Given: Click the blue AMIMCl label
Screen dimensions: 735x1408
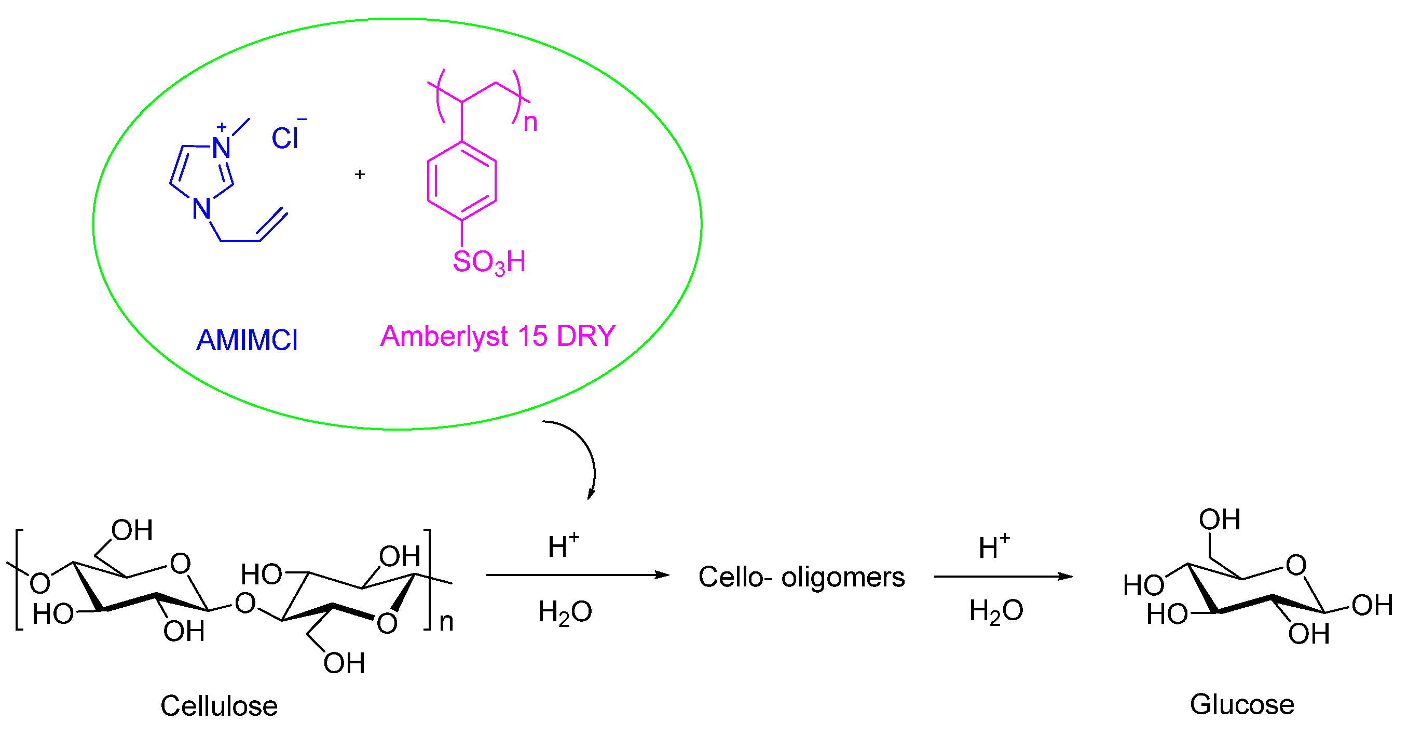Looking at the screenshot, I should pyautogui.click(x=247, y=340).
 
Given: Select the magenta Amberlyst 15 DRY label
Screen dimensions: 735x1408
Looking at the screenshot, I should pyautogui.click(x=498, y=336).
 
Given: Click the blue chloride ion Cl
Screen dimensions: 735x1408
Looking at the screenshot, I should pyautogui.click(x=285, y=138).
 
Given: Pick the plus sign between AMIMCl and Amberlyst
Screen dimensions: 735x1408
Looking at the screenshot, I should pyautogui.click(x=360, y=175).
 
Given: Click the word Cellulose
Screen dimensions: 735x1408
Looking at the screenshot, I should pyautogui.click(x=218, y=705).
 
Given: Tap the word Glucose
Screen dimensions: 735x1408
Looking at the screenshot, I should pyautogui.click(x=1242, y=704).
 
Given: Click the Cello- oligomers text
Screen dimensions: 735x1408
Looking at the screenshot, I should pyautogui.click(x=801, y=577).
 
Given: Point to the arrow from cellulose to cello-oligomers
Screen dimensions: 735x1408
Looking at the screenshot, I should pyautogui.click(x=577, y=575).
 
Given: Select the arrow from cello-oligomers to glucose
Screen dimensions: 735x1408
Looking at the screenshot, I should pyautogui.click(x=1003, y=577).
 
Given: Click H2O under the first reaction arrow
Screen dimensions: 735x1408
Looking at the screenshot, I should pyautogui.click(x=565, y=612).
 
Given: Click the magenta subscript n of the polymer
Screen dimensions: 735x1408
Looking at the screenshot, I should pyautogui.click(x=530, y=123).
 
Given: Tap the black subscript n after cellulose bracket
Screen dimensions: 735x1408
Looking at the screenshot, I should pyautogui.click(x=446, y=622).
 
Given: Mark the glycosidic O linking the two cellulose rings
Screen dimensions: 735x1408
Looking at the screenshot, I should pyautogui.click(x=245, y=603).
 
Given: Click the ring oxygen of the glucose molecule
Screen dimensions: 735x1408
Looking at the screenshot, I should pyautogui.click(x=1296, y=565).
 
